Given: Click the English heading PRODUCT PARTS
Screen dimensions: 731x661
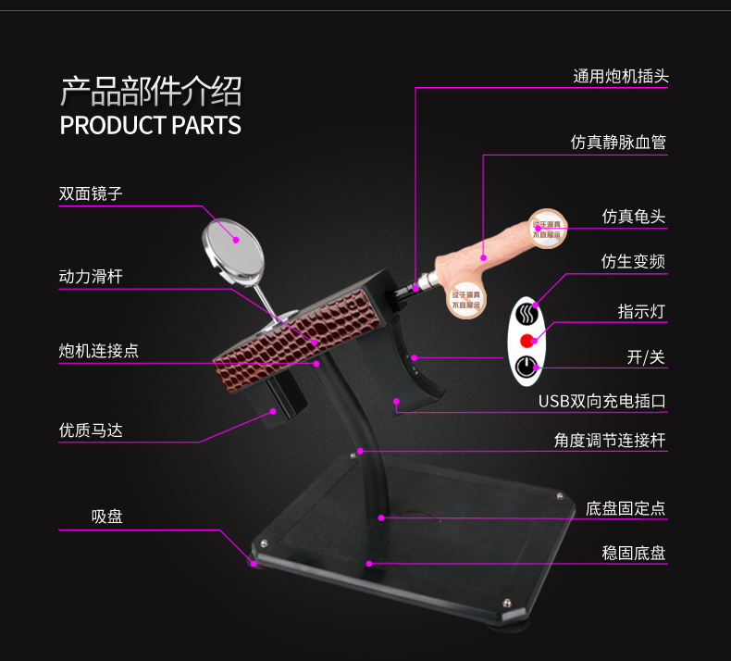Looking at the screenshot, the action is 150,125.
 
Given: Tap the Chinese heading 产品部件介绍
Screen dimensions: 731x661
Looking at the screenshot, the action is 150,92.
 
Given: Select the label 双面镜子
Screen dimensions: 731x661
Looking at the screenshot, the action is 91,193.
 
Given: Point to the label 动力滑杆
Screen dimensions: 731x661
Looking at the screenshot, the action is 91,276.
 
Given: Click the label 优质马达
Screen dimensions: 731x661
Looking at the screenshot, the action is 91,430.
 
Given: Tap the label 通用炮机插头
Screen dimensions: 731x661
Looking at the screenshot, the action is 620,77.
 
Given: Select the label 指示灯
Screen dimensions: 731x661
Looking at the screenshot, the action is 641,311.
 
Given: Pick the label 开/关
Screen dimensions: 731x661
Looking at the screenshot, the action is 646,357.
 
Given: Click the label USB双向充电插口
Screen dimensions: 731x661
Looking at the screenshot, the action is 602,402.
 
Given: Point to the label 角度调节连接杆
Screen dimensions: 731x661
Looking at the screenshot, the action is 610,441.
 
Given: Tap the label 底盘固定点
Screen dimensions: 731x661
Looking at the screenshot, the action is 626,508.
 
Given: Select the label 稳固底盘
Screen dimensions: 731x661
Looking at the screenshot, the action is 634,554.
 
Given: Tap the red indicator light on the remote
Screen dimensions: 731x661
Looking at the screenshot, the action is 528,339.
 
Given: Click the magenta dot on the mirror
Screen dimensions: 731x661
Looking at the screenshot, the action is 236,240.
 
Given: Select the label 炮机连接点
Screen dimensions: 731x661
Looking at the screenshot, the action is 99,351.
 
